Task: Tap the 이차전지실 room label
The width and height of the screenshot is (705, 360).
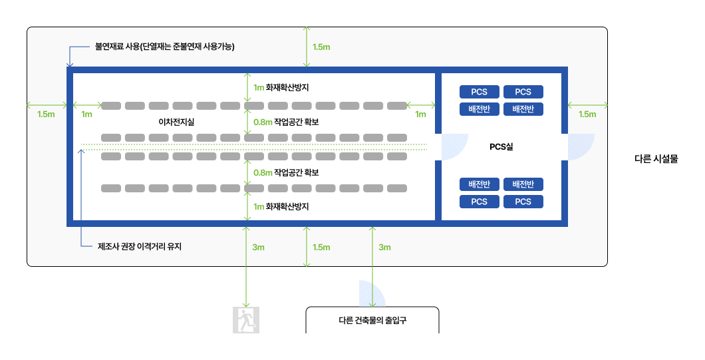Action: pos(176,122)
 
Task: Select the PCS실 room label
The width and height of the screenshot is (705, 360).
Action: pos(501,147)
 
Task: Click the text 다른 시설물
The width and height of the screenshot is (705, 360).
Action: pos(656,160)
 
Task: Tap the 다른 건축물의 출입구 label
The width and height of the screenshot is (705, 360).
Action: pos(372,320)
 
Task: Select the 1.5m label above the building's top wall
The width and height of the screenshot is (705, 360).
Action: pos(321,47)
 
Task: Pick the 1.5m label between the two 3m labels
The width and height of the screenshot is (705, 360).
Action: pos(321,248)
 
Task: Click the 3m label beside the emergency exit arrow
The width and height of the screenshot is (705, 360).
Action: pos(259,248)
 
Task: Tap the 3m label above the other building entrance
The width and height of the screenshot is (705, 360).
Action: pos(384,248)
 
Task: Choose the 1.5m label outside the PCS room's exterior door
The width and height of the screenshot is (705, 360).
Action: pos(587,114)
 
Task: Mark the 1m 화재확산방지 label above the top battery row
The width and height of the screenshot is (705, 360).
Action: pos(281,87)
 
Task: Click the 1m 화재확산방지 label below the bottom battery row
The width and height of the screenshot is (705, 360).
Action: pos(281,207)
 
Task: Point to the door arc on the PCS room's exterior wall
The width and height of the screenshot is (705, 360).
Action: pos(581,146)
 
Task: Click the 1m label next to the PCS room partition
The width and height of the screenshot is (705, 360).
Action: pos(420,114)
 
